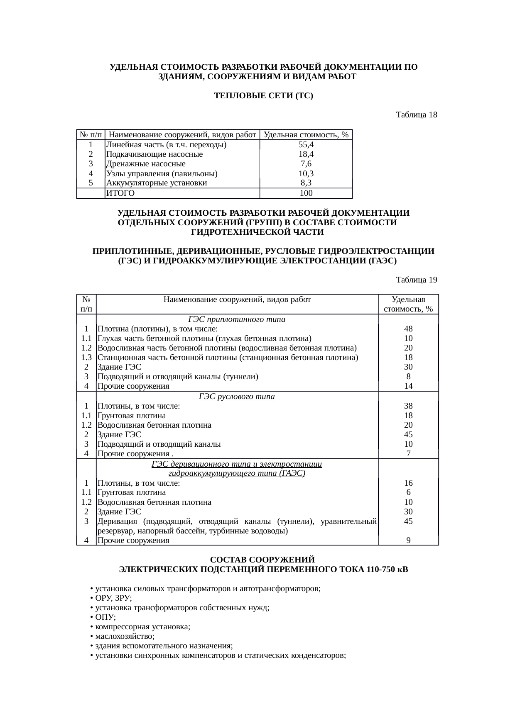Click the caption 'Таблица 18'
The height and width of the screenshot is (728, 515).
[416, 114]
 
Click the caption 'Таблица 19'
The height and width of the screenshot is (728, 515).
[416, 280]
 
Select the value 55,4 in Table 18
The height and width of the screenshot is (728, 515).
[306, 145]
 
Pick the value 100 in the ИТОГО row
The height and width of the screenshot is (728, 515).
[306, 193]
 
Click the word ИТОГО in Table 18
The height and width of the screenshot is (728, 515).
[120, 193]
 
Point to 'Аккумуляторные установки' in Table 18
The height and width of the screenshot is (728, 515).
[157, 183]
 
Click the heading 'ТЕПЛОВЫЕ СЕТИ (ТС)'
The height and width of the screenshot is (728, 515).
[263, 96]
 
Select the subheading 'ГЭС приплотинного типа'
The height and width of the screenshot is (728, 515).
[237, 319]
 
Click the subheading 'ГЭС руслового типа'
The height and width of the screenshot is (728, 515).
[237, 397]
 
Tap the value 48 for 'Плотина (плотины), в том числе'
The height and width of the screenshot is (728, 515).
[408, 329]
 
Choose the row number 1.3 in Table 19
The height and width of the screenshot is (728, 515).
[86, 358]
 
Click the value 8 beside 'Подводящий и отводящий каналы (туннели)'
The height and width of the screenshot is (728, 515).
[408, 377]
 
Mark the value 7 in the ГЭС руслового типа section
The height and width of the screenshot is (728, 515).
[408, 454]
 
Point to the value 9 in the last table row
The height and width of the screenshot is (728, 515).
[408, 541]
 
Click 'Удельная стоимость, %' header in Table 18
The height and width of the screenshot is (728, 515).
[306, 135]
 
